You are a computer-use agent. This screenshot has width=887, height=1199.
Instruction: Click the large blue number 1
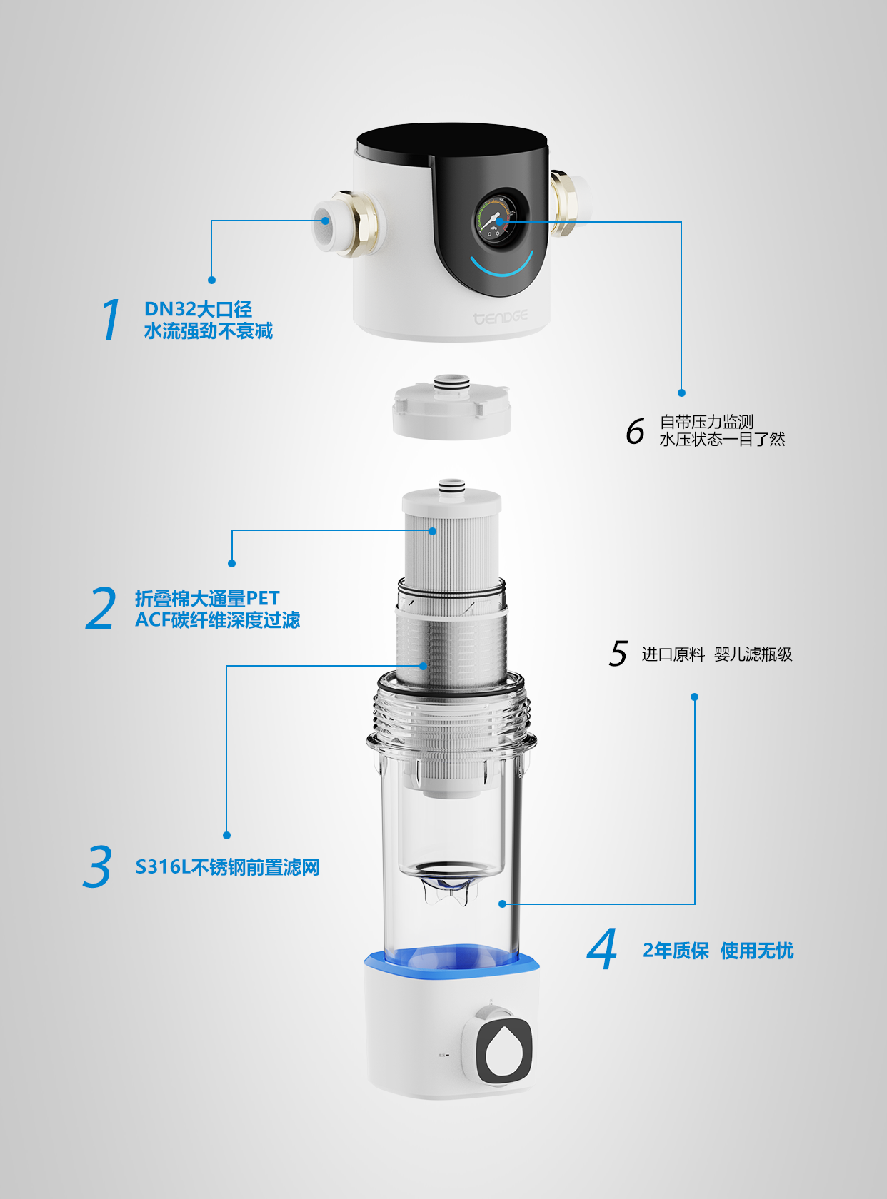pyautogui.click(x=111, y=320)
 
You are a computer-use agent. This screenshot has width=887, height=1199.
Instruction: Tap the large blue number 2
pyautogui.click(x=101, y=609)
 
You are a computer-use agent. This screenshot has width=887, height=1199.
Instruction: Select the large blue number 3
pyautogui.click(x=98, y=866)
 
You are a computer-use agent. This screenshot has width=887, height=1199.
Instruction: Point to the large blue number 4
pyautogui.click(x=602, y=949)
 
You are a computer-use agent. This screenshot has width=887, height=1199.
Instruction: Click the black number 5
pyautogui.click(x=618, y=654)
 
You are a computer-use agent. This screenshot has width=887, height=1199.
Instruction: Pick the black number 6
pyautogui.click(x=635, y=431)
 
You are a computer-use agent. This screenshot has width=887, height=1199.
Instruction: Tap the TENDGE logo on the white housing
pyautogui.click(x=501, y=317)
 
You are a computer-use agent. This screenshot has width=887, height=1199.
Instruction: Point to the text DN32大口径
pyautogui.click(x=198, y=309)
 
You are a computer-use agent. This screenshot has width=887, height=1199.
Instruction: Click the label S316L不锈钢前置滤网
pyautogui.click(x=227, y=867)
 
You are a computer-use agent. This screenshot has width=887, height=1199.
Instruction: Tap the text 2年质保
pyautogui.click(x=676, y=951)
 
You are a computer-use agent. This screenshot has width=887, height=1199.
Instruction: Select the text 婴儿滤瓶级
pyautogui.click(x=753, y=654)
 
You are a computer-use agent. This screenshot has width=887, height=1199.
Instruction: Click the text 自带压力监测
pyautogui.click(x=706, y=422)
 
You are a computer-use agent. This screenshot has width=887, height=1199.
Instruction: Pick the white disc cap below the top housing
pyautogui.click(x=451, y=413)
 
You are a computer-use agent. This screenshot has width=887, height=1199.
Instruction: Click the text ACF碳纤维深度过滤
pyautogui.click(x=218, y=620)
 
